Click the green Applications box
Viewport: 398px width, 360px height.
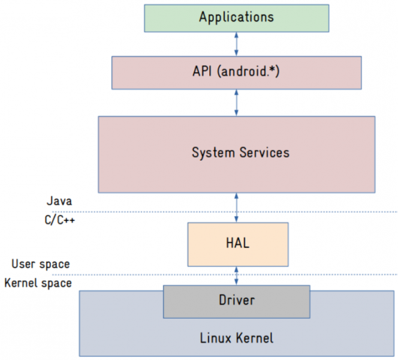coord(236,17)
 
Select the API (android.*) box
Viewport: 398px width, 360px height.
coord(236,72)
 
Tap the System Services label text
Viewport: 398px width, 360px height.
coord(240,152)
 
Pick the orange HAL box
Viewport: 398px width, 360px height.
coord(237,244)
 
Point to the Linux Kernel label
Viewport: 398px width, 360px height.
coord(236,338)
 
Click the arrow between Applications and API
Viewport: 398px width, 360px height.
coord(237,44)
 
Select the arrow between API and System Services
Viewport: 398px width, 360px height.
coord(237,102)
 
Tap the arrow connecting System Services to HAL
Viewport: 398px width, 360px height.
coord(237,208)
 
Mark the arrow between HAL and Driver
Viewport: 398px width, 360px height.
coord(237,276)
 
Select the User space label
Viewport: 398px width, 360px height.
coord(40,264)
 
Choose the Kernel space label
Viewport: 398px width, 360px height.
coord(38,283)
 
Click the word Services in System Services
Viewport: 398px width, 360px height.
coord(264,152)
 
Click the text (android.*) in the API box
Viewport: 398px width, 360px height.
coord(248,72)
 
